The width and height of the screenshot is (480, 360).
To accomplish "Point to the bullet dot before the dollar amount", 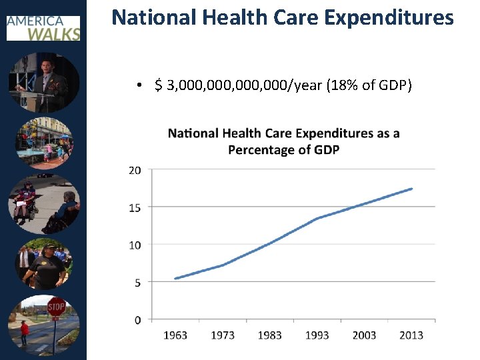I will point(137,87).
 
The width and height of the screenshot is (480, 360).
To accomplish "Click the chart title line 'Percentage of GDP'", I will point(283,150).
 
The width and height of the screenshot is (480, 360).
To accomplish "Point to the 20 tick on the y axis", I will point(135,171).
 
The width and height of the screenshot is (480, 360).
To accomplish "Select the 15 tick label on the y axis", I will point(135,208).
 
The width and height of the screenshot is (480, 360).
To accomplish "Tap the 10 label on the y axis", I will point(135,245).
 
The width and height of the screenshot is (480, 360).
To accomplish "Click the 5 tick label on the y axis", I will point(137,283).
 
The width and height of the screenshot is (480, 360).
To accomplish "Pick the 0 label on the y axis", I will point(137,320).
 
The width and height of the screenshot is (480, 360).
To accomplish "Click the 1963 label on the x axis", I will point(175,335).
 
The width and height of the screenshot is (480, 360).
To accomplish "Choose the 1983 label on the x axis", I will point(270,335).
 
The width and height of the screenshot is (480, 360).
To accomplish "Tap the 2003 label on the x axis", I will point(364,335).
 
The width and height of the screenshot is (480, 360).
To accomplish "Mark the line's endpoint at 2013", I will point(411,189).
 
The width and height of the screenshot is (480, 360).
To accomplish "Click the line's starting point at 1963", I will point(175,279).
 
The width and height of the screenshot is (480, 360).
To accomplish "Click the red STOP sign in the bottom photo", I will point(57,307).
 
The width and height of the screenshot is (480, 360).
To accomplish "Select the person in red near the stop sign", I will point(25,331).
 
